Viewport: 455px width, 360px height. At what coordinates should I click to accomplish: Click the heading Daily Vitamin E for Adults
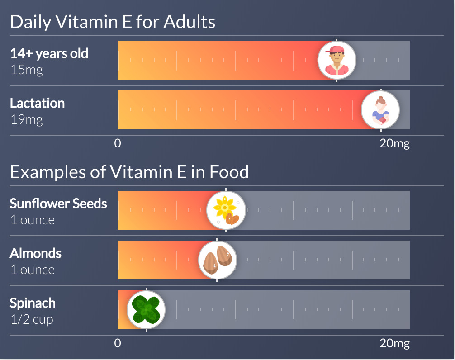(113, 22)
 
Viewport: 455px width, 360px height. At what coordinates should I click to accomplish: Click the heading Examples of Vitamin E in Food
(129, 172)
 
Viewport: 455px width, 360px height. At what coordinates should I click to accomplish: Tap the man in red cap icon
(337, 60)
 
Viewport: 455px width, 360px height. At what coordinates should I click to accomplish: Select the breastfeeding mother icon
(380, 110)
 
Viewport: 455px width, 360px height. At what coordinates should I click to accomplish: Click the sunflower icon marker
(226, 210)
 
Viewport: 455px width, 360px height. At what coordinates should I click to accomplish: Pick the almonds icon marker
(217, 260)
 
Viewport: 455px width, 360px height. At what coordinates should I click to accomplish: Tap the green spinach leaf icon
(146, 310)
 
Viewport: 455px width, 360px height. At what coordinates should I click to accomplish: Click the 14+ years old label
(49, 53)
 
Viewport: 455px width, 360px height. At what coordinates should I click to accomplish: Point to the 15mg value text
(27, 71)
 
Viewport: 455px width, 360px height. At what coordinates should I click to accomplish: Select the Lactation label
(38, 103)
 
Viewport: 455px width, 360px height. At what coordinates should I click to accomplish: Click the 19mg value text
(27, 120)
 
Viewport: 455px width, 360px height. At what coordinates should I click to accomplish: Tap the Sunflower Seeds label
(58, 204)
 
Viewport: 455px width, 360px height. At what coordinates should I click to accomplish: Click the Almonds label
(36, 253)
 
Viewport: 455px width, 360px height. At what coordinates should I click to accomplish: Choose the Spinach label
(33, 303)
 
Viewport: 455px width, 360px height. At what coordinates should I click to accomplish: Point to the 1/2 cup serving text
(32, 320)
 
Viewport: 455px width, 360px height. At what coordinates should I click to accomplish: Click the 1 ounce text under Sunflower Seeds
(33, 220)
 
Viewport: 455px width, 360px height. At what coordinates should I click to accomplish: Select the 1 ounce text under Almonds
(33, 270)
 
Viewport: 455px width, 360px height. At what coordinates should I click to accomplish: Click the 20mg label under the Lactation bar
(394, 144)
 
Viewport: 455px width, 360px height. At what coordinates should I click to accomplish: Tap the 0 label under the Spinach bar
(118, 343)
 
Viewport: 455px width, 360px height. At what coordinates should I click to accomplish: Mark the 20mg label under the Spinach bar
(394, 343)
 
